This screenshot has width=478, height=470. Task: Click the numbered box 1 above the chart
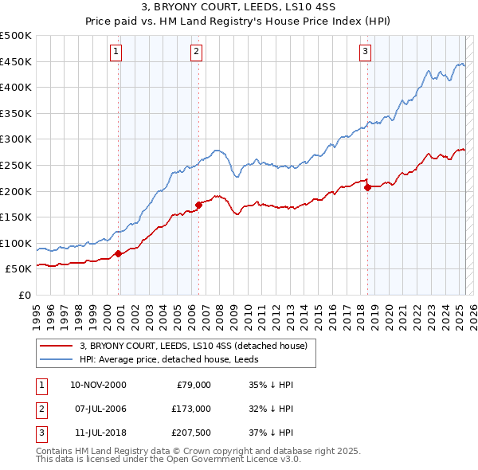(116, 52)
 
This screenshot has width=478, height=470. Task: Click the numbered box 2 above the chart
(196, 52)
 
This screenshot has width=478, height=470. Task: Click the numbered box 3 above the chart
(365, 52)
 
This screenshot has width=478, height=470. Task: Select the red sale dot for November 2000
(118, 253)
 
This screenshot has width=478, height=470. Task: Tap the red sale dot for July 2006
(198, 205)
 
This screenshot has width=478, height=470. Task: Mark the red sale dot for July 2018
(367, 188)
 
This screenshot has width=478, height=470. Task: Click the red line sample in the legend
(56, 346)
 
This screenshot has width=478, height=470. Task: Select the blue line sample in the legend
(56, 359)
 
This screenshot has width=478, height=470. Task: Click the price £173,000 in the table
(190, 409)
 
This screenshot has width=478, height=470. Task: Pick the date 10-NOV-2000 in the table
(98, 385)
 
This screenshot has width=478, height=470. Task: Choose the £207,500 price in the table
(190, 433)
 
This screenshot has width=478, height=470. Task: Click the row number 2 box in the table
(40, 409)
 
